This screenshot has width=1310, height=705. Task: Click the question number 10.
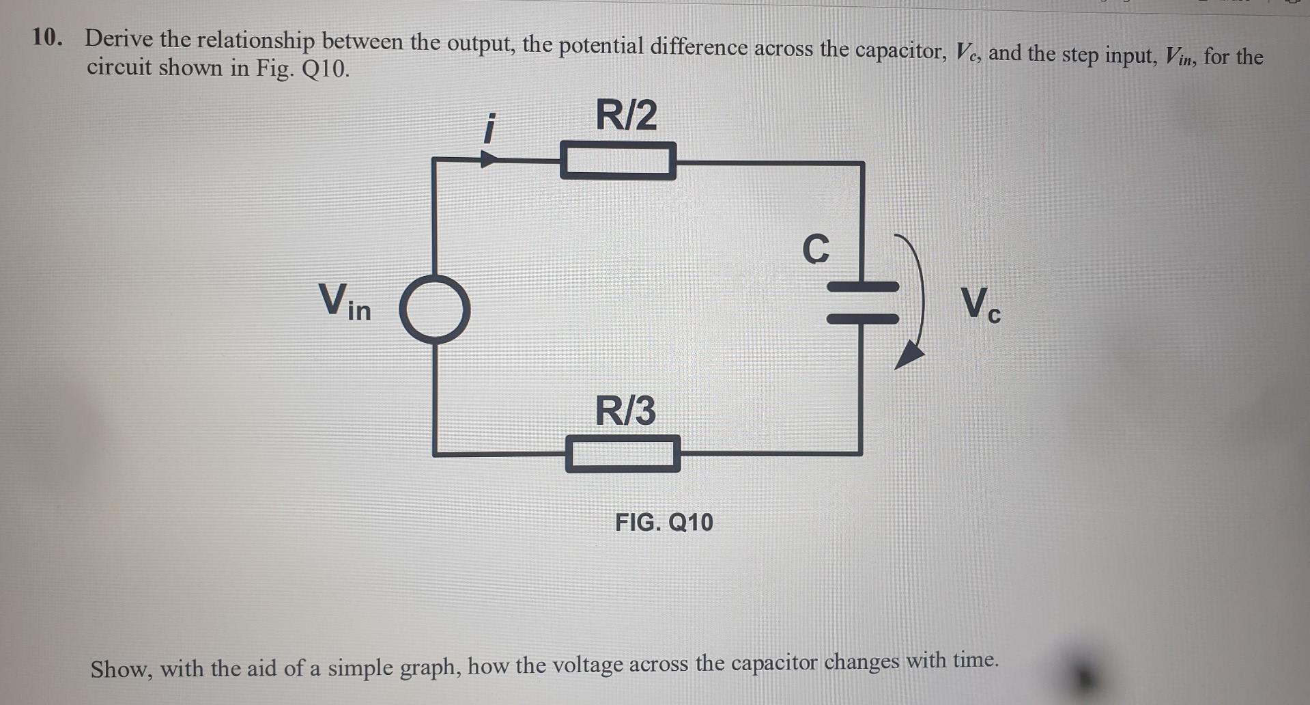[46, 38]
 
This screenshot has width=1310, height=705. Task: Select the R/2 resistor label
[626, 115]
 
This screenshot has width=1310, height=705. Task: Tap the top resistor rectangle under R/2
[618, 161]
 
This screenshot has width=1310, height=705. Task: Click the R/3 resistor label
[625, 411]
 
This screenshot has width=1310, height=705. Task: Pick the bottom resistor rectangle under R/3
[623, 454]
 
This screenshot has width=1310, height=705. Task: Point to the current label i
[487, 129]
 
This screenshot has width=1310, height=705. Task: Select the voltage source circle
[435, 309]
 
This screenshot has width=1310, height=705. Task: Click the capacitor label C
[816, 249]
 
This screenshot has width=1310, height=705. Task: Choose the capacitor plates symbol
[863, 303]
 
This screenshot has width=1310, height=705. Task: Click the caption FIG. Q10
[664, 523]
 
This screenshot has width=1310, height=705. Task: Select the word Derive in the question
[119, 39]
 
